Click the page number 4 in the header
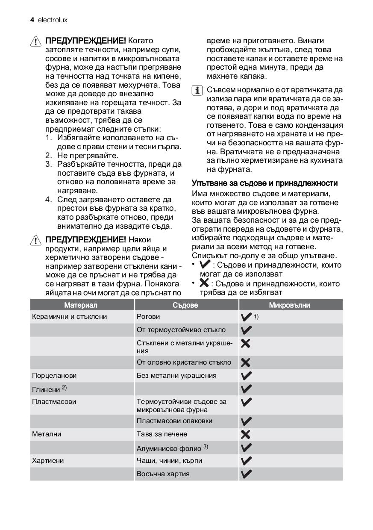coord(32,20)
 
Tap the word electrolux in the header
coord(53,20)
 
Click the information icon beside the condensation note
coord(198,91)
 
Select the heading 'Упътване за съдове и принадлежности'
coord(264,183)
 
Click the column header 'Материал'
coord(81,305)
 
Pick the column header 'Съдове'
coord(185,305)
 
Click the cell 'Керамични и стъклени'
coord(69,317)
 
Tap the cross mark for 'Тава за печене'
coord(246,435)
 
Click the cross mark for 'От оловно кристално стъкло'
coord(246,363)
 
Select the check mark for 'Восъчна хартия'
coord(246,474)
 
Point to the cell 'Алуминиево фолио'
coord(172,448)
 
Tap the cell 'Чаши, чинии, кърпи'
coord(169,461)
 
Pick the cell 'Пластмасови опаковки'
coord(174,421)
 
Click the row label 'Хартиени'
coord(48,461)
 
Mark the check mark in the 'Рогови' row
coord(246,317)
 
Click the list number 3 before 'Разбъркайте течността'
coord(48,165)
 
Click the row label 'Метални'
coord(47,434)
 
